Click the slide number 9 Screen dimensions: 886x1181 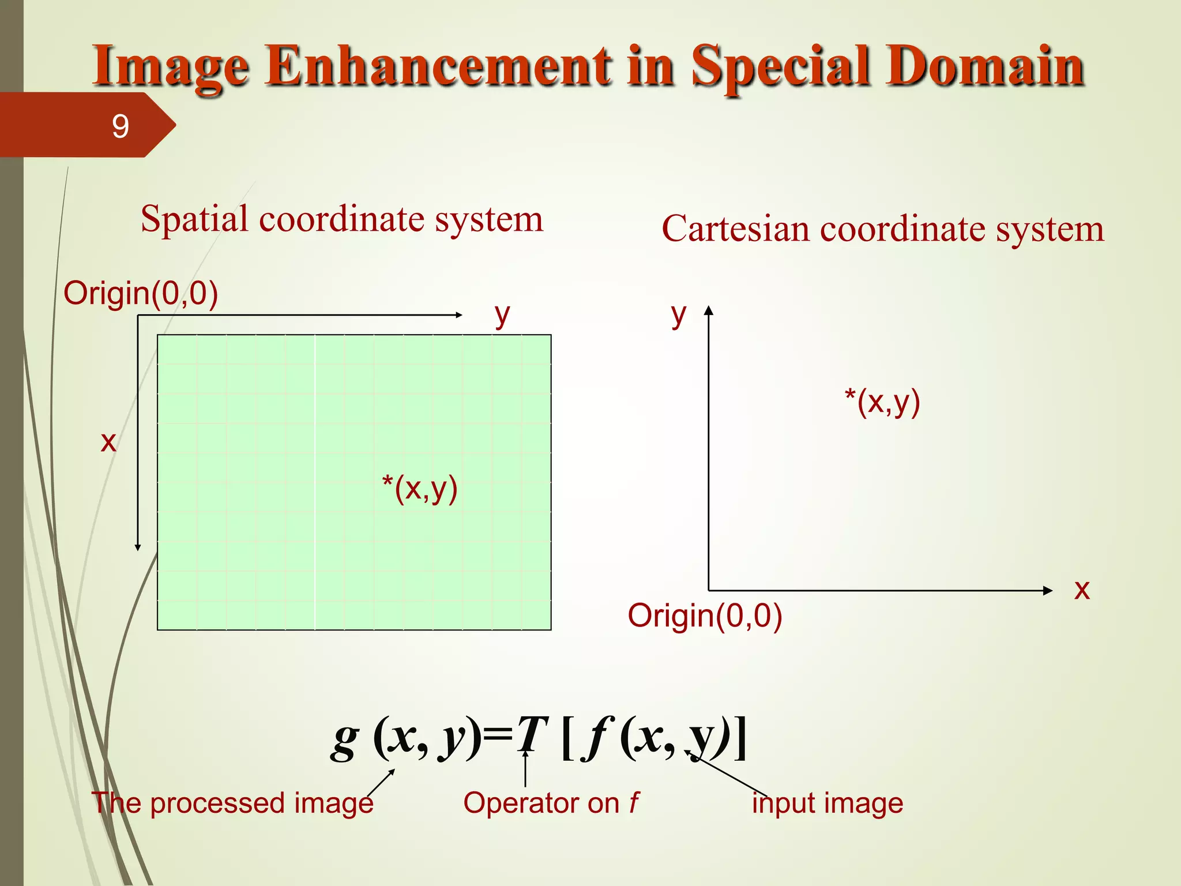(x=120, y=126)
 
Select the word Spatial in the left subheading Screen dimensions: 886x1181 (x=194, y=219)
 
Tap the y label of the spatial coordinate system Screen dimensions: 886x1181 (x=502, y=315)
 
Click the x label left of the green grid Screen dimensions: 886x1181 (x=108, y=442)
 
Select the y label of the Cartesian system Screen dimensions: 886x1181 (x=679, y=315)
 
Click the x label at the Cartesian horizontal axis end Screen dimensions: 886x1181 (x=1082, y=590)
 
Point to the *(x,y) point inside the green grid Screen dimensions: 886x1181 (x=420, y=489)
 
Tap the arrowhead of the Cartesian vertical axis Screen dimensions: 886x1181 (x=709, y=310)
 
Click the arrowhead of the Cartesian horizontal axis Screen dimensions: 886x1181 (x=1048, y=590)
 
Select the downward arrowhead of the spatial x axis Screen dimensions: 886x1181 (x=138, y=547)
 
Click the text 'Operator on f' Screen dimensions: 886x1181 (x=551, y=803)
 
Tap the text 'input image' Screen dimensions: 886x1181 (x=828, y=803)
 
